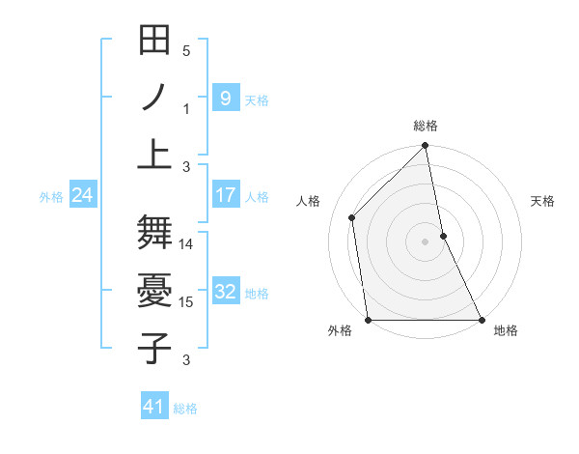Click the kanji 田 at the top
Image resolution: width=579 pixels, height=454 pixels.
coord(154,42)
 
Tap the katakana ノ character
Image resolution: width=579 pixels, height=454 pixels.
coord(154,98)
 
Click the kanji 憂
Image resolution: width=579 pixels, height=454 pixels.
coord(154,290)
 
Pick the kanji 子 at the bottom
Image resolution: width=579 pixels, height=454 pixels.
coord(154,346)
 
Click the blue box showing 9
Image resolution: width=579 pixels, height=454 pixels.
coord(225,99)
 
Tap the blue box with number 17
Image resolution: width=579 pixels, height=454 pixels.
coord(225,195)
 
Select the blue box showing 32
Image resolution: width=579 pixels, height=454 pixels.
coord(225,292)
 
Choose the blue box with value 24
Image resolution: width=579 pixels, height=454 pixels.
coord(82,195)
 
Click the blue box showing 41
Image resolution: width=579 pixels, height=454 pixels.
coord(154,407)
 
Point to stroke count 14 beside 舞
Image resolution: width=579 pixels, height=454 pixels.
coord(186,244)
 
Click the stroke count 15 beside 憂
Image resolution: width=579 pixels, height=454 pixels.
coord(186,302)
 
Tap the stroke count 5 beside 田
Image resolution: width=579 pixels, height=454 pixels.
coord(186,51)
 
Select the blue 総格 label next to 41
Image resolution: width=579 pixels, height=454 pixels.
coord(185,409)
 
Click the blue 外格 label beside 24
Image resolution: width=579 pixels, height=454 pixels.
coord(51,196)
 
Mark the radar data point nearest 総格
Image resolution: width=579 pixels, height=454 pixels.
coord(425,147)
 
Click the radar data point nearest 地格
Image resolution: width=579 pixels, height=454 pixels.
coord(481,320)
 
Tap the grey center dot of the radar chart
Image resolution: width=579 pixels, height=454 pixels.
coord(425,241)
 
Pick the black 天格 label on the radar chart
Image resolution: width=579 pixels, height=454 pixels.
coord(543,201)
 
